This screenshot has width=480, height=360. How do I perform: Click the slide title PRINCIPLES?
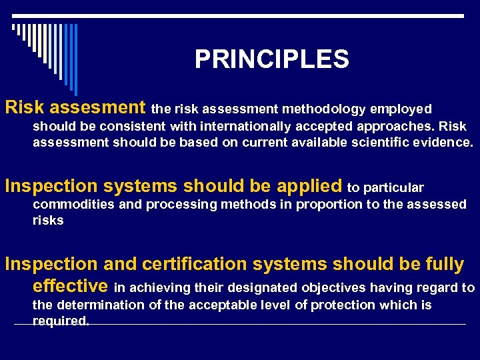[x=271, y=60]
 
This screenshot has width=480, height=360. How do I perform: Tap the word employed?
[x=401, y=109]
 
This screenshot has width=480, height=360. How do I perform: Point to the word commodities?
[x=72, y=205]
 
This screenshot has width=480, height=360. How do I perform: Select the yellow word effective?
[x=70, y=287]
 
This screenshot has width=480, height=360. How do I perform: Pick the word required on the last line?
[x=61, y=321]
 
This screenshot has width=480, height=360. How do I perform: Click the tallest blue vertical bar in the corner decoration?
[x=75, y=59]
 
